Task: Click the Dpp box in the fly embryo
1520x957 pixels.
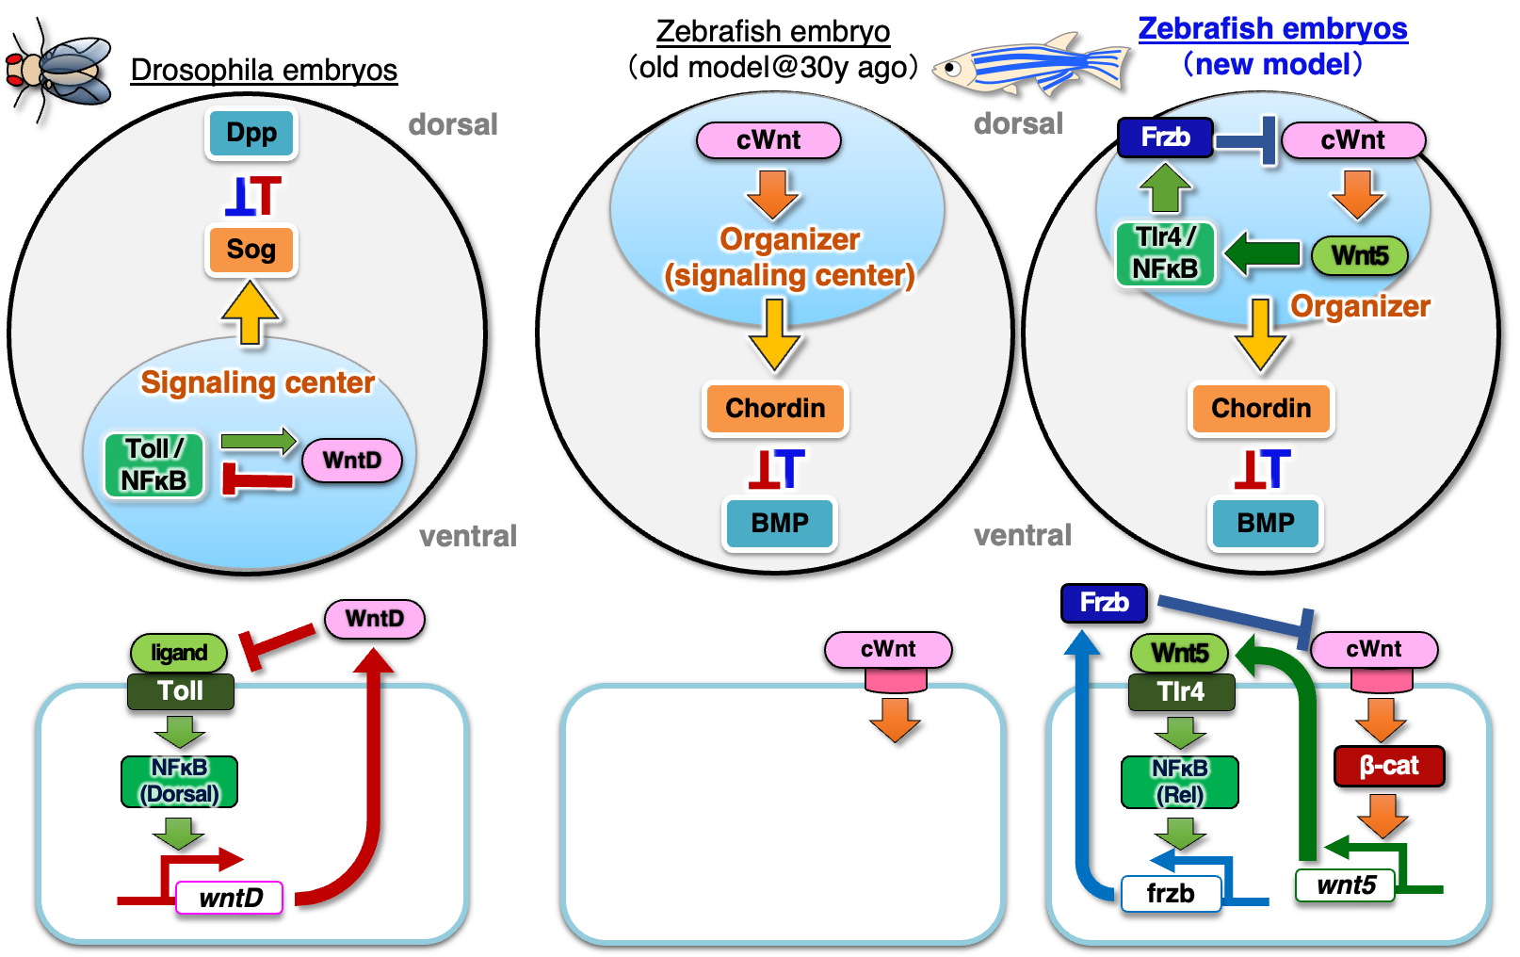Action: click(x=251, y=134)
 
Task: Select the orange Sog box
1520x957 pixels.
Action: click(x=251, y=250)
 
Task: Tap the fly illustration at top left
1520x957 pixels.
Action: click(x=62, y=70)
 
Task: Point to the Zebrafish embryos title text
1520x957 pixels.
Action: click(x=1272, y=29)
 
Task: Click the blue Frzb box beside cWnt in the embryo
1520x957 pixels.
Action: click(x=1165, y=138)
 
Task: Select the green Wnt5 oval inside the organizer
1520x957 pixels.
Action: click(x=1359, y=255)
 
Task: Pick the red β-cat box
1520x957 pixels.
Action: click(x=1388, y=766)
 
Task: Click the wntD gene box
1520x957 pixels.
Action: click(x=231, y=898)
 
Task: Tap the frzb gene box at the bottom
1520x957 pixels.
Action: click(x=1171, y=893)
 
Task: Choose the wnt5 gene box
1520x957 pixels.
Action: click(x=1346, y=885)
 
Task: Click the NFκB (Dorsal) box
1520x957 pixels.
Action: click(x=179, y=781)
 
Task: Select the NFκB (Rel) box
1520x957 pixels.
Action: click(x=1179, y=782)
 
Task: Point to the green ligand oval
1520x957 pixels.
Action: click(x=179, y=653)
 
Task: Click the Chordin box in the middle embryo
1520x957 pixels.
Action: click(x=775, y=408)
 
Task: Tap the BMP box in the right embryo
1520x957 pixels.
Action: click(x=1265, y=523)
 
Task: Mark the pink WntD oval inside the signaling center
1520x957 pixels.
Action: click(x=352, y=461)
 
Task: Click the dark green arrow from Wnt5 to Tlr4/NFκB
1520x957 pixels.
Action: click(x=1262, y=253)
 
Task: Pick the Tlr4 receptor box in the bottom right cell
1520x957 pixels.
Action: click(x=1181, y=692)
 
